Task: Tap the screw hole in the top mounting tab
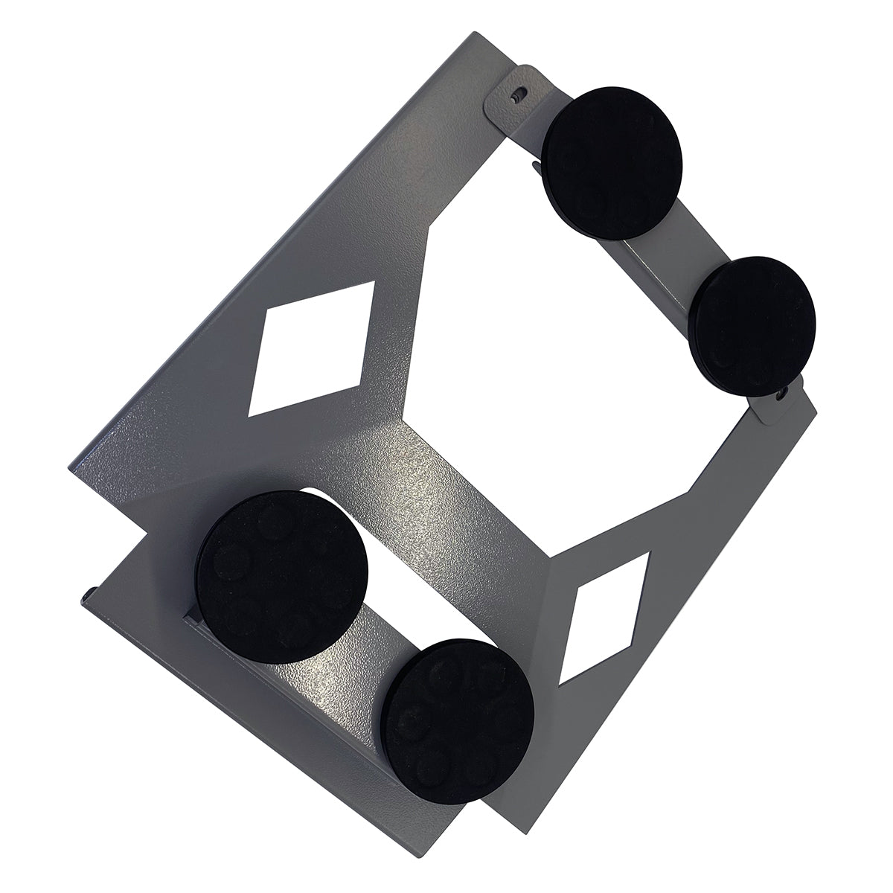pyautogui.click(x=522, y=95)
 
